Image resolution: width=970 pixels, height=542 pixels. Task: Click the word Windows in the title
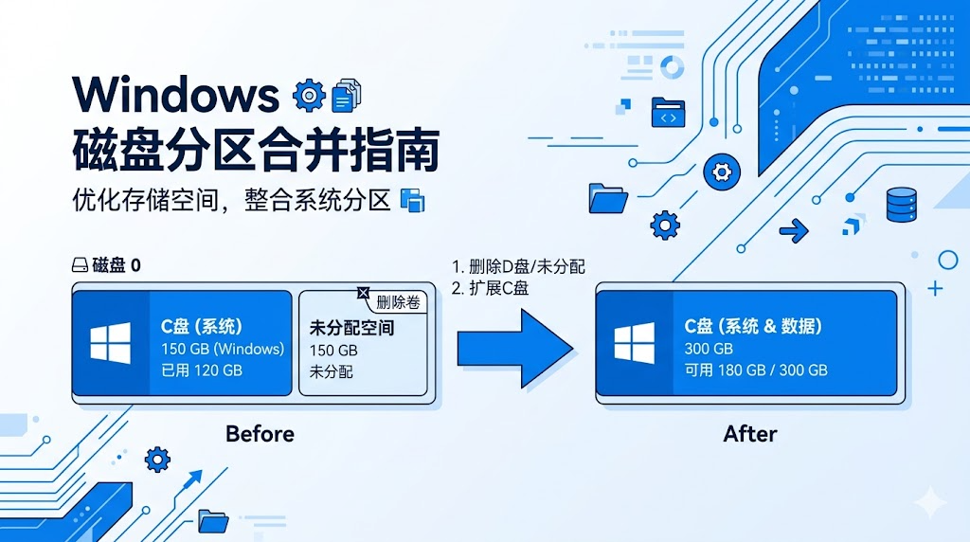(x=176, y=95)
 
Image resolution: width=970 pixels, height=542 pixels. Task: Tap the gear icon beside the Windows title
(x=309, y=96)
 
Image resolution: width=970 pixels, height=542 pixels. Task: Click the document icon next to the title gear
(x=347, y=96)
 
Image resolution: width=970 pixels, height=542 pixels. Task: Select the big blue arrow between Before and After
(x=515, y=349)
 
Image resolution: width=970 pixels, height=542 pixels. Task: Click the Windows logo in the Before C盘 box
(x=110, y=343)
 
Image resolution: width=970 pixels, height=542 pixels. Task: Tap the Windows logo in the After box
(x=634, y=343)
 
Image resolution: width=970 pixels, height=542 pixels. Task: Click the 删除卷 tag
(x=398, y=302)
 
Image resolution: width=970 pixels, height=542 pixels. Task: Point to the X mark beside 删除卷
(x=363, y=293)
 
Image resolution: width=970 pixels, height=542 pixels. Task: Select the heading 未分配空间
(x=351, y=328)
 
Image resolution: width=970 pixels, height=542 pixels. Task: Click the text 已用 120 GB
(x=202, y=370)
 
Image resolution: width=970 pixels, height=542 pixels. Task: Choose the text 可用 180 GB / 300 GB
(x=756, y=370)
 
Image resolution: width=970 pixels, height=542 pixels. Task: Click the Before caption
(x=260, y=434)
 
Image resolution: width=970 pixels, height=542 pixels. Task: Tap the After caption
(x=750, y=434)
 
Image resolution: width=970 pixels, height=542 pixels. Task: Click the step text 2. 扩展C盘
(x=490, y=288)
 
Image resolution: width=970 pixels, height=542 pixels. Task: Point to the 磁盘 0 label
(x=106, y=265)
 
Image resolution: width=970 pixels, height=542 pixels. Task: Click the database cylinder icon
(x=902, y=204)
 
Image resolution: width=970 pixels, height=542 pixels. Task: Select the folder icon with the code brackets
(x=668, y=113)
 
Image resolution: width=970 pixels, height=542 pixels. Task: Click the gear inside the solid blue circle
(x=722, y=172)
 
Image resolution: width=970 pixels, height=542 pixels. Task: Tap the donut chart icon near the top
(x=672, y=67)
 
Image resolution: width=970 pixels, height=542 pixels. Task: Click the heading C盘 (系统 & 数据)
(x=753, y=326)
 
